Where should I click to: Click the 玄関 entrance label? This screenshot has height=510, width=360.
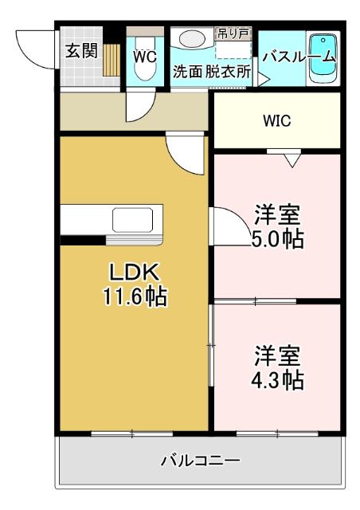[x=81, y=51]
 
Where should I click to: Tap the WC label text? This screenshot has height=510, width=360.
[x=144, y=57]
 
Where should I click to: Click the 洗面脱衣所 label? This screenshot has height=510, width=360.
[x=212, y=71]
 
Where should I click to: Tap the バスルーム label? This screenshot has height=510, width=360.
[x=299, y=57]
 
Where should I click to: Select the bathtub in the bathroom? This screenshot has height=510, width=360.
[x=322, y=57]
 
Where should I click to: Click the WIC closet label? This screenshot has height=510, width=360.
[x=277, y=121]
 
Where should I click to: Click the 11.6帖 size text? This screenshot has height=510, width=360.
[x=134, y=297]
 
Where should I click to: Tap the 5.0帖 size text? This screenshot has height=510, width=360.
[x=277, y=237]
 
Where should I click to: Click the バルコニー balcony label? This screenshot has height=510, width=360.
[x=200, y=461]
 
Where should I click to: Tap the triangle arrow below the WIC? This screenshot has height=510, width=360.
[x=291, y=161]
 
